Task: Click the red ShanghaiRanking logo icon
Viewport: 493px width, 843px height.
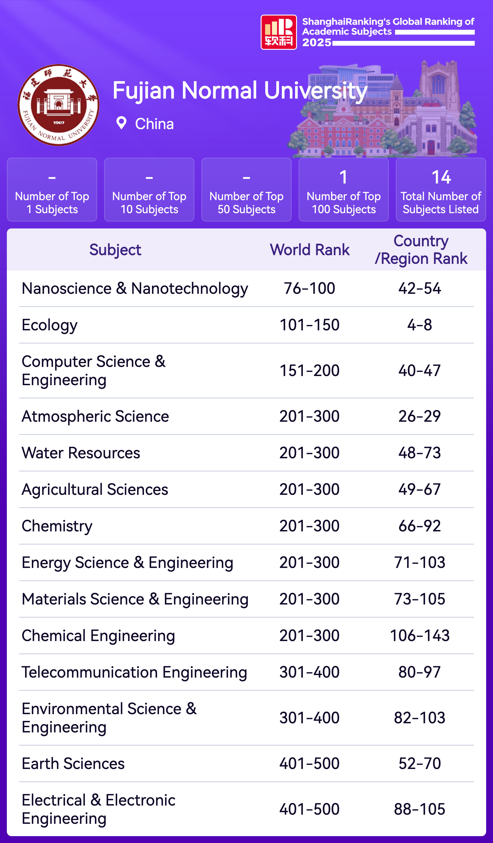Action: [x=278, y=32]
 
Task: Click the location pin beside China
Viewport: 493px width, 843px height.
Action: [x=121, y=123]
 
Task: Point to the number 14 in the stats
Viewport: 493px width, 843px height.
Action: [x=441, y=177]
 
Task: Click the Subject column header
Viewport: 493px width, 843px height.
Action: [x=115, y=250]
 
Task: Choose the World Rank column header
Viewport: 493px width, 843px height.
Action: [x=309, y=250]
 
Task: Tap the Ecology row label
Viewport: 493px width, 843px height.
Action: [x=50, y=325]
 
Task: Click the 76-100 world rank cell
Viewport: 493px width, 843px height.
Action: [x=309, y=288]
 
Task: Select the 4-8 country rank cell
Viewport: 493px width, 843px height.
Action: [x=420, y=325]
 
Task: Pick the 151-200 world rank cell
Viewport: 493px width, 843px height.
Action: [x=309, y=371]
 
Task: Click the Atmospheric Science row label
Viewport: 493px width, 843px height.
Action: [x=95, y=416]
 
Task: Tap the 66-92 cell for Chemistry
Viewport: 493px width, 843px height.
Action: [x=420, y=526]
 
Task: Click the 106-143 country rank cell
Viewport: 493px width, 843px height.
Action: [x=420, y=636]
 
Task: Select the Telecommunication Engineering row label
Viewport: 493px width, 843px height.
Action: [x=134, y=672]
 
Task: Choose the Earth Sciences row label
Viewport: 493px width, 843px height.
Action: [x=73, y=764]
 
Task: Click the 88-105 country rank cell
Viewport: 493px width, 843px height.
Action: [x=420, y=809]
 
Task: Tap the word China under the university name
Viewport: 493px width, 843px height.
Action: [x=155, y=124]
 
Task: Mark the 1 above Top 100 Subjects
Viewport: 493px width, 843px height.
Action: [x=343, y=177]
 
